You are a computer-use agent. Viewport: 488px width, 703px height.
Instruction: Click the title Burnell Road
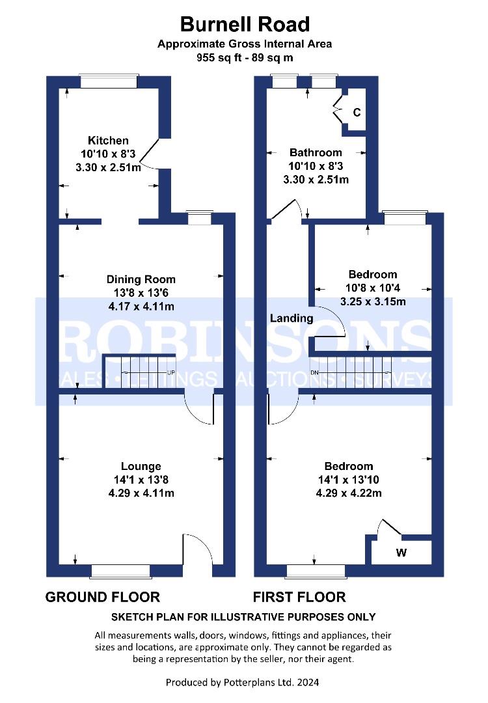tap(245, 24)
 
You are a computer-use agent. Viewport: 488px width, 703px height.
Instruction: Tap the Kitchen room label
tap(108, 141)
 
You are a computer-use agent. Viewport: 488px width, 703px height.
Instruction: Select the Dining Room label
tap(141, 279)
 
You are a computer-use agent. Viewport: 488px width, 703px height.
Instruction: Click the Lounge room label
tap(141, 466)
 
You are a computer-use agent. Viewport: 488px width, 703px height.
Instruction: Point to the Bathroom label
tap(316, 152)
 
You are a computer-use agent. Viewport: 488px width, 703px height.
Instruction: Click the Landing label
tap(291, 318)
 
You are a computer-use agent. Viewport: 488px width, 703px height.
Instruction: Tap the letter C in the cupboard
tap(357, 112)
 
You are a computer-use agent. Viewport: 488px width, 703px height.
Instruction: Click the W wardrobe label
tap(401, 553)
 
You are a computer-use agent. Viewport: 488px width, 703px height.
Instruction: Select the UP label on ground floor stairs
tap(170, 372)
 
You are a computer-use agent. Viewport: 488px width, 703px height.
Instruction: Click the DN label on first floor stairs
tap(314, 372)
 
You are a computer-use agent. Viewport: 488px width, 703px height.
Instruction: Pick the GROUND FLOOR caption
tap(103, 597)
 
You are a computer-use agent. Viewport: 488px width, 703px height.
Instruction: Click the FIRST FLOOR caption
tap(299, 597)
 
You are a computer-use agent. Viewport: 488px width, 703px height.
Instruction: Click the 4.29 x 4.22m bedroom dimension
tap(349, 493)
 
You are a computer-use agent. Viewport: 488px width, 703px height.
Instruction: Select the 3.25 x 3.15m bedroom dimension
tap(373, 302)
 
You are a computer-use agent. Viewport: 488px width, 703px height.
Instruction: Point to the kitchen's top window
tap(109, 81)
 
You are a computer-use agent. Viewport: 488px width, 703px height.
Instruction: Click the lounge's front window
tap(120, 571)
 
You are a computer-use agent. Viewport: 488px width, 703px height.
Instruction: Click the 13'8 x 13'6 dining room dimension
tap(141, 293)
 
